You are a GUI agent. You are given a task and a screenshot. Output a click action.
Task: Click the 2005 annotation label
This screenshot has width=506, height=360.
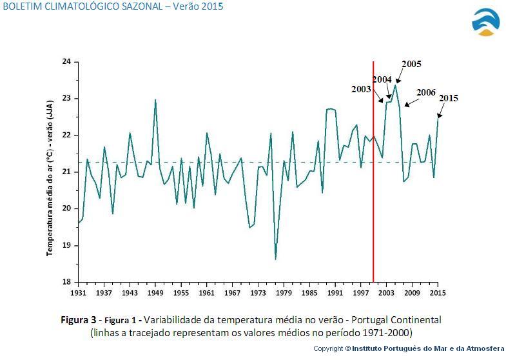pyautogui.click(x=411, y=65)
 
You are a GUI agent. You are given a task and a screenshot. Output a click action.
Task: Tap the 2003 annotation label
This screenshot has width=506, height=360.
pyautogui.click(x=361, y=90)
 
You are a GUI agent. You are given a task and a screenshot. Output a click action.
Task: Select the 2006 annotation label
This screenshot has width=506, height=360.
pyautogui.click(x=426, y=93)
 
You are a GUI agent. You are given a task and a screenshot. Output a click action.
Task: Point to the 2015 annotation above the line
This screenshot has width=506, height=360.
pyautogui.click(x=449, y=99)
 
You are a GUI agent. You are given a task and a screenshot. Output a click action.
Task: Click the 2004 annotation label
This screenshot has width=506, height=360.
pyautogui.click(x=382, y=80)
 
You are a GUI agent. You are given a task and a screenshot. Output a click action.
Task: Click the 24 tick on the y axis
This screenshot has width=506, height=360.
pyautogui.click(x=66, y=62)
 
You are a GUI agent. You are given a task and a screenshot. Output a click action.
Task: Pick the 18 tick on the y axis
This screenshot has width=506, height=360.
pyautogui.click(x=66, y=283)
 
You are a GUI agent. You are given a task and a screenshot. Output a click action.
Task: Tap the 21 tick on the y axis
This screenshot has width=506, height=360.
pyautogui.click(x=66, y=172)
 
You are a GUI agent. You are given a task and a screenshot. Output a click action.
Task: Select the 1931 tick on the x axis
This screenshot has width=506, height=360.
pyautogui.click(x=78, y=293)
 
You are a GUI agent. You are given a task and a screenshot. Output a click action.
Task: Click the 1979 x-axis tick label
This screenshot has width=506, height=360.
pyautogui.click(x=284, y=293)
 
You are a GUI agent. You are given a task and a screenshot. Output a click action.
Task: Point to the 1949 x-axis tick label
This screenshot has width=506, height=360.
pyautogui.click(x=155, y=293)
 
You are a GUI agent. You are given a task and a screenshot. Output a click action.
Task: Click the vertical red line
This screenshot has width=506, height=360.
pyautogui.click(x=373, y=194)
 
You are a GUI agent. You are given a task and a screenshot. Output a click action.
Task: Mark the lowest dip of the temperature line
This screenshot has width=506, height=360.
pyautogui.click(x=275, y=259)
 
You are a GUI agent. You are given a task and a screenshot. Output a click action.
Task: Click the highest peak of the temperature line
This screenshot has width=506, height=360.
pyautogui.click(x=395, y=85)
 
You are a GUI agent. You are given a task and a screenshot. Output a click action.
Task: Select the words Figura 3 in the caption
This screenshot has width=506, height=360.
pyautogui.click(x=78, y=320)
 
